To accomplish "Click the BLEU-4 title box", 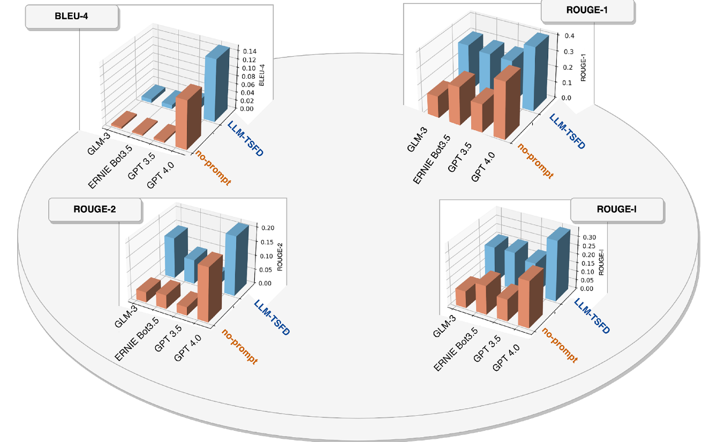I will click(x=72, y=17).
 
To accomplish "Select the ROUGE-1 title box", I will click(x=588, y=10).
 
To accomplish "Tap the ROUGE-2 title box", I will click(x=95, y=209).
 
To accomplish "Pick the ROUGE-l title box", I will click(x=617, y=209).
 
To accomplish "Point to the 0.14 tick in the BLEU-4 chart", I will click(x=249, y=51).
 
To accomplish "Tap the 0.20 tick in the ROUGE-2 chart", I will click(x=267, y=227).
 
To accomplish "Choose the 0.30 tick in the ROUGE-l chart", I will click(x=588, y=237).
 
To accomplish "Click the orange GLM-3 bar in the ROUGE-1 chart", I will click(x=437, y=100).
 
